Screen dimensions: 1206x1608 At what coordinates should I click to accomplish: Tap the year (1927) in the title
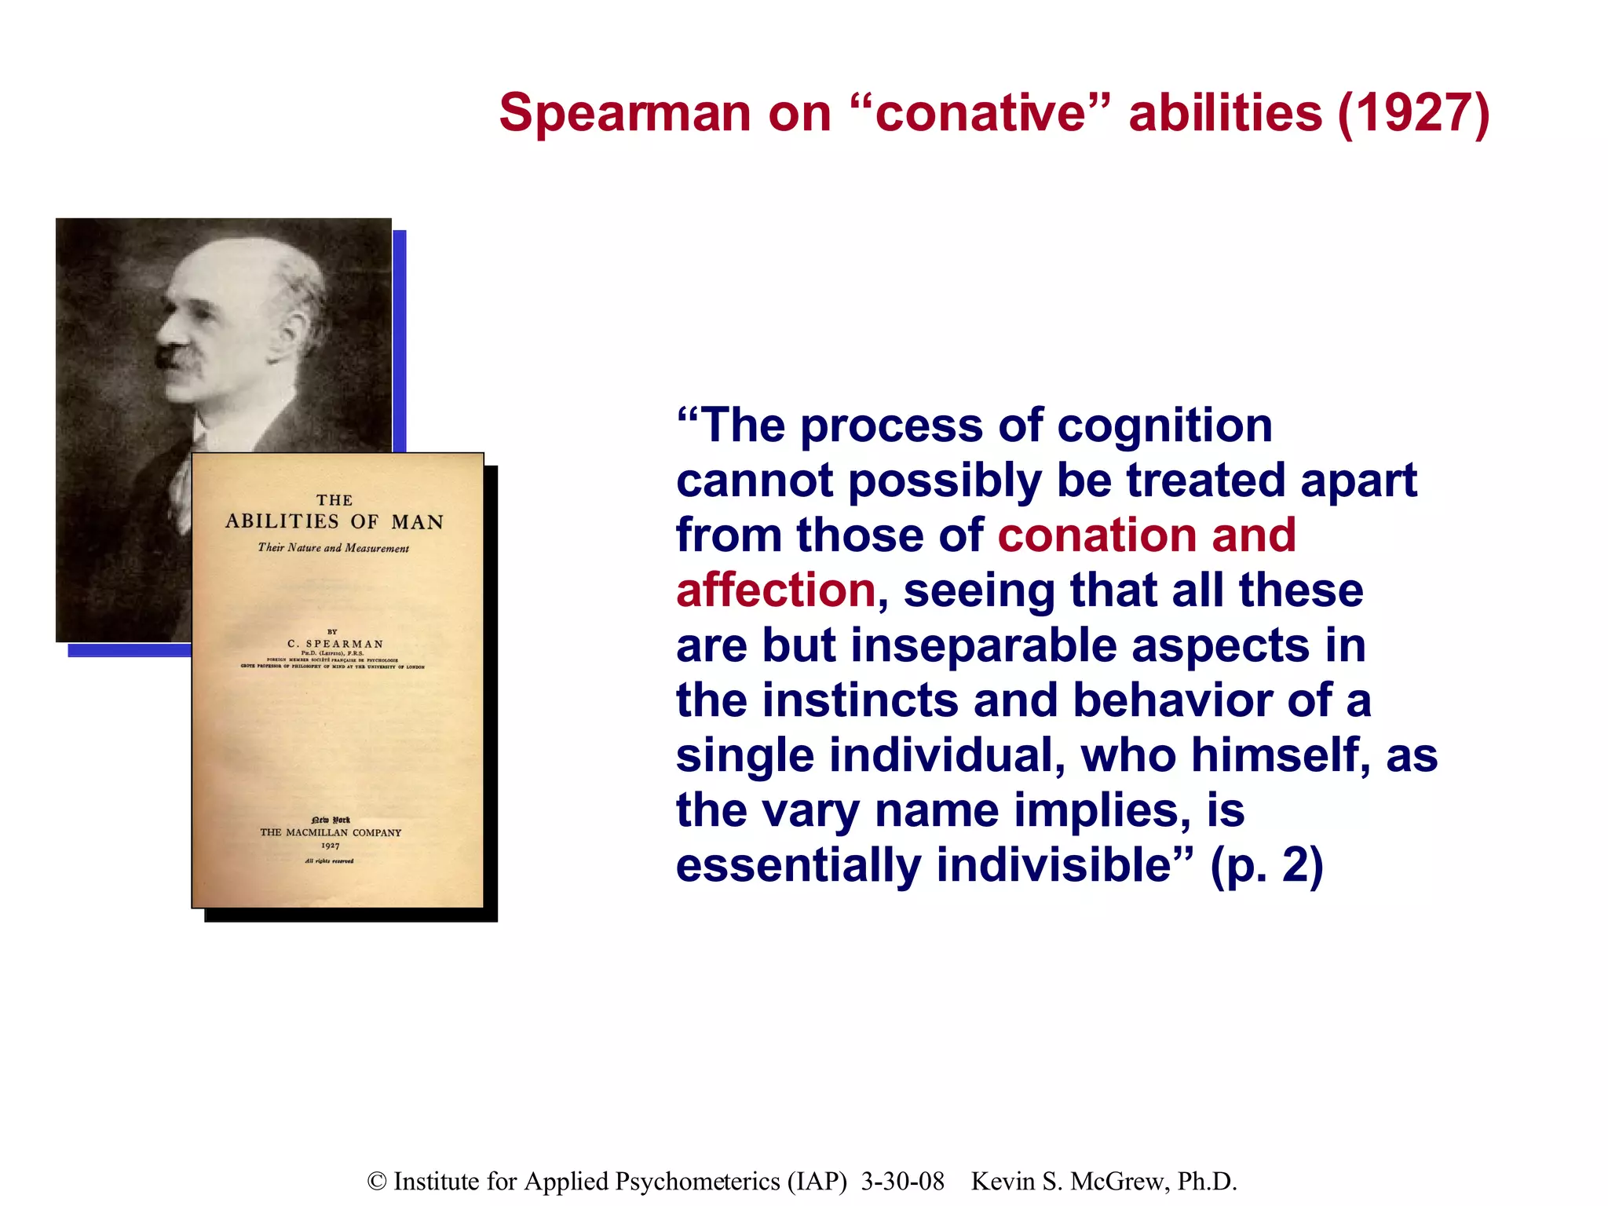click(x=1413, y=113)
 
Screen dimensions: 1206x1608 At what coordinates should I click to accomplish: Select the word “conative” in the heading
click(x=981, y=113)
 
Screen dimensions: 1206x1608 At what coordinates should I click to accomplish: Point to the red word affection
click(x=776, y=590)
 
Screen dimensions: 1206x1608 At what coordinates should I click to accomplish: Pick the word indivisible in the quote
click(x=1064, y=865)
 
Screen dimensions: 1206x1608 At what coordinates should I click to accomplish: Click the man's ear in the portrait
click(x=295, y=334)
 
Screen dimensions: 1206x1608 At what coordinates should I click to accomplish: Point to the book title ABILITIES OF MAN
click(x=334, y=522)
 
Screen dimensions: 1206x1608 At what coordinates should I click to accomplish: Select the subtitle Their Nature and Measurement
click(x=334, y=548)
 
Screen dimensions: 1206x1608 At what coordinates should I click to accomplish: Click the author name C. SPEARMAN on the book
click(x=335, y=644)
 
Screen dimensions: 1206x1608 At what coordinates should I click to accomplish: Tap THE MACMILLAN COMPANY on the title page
click(x=331, y=832)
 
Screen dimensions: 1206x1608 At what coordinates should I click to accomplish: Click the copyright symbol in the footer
click(x=377, y=1181)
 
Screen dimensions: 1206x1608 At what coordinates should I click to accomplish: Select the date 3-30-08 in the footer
click(x=902, y=1181)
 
